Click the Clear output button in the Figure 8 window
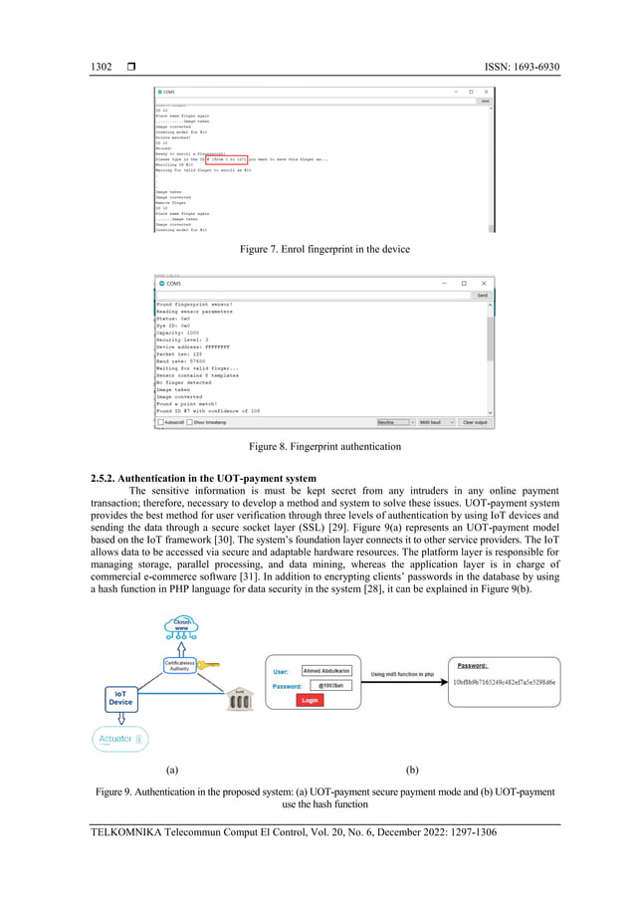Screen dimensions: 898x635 (x=476, y=422)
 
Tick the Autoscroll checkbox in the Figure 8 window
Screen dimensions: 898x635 (x=161, y=422)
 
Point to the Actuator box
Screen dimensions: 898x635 (x=119, y=739)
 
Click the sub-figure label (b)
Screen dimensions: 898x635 (x=413, y=770)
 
